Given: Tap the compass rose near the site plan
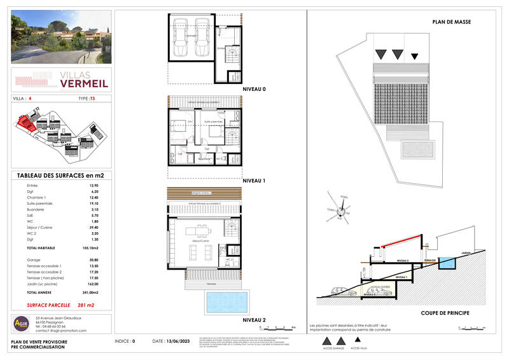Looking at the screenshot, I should pos(341,207).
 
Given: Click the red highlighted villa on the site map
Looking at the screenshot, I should pos(27,122).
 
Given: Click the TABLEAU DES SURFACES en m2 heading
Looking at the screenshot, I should pos(60,176).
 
